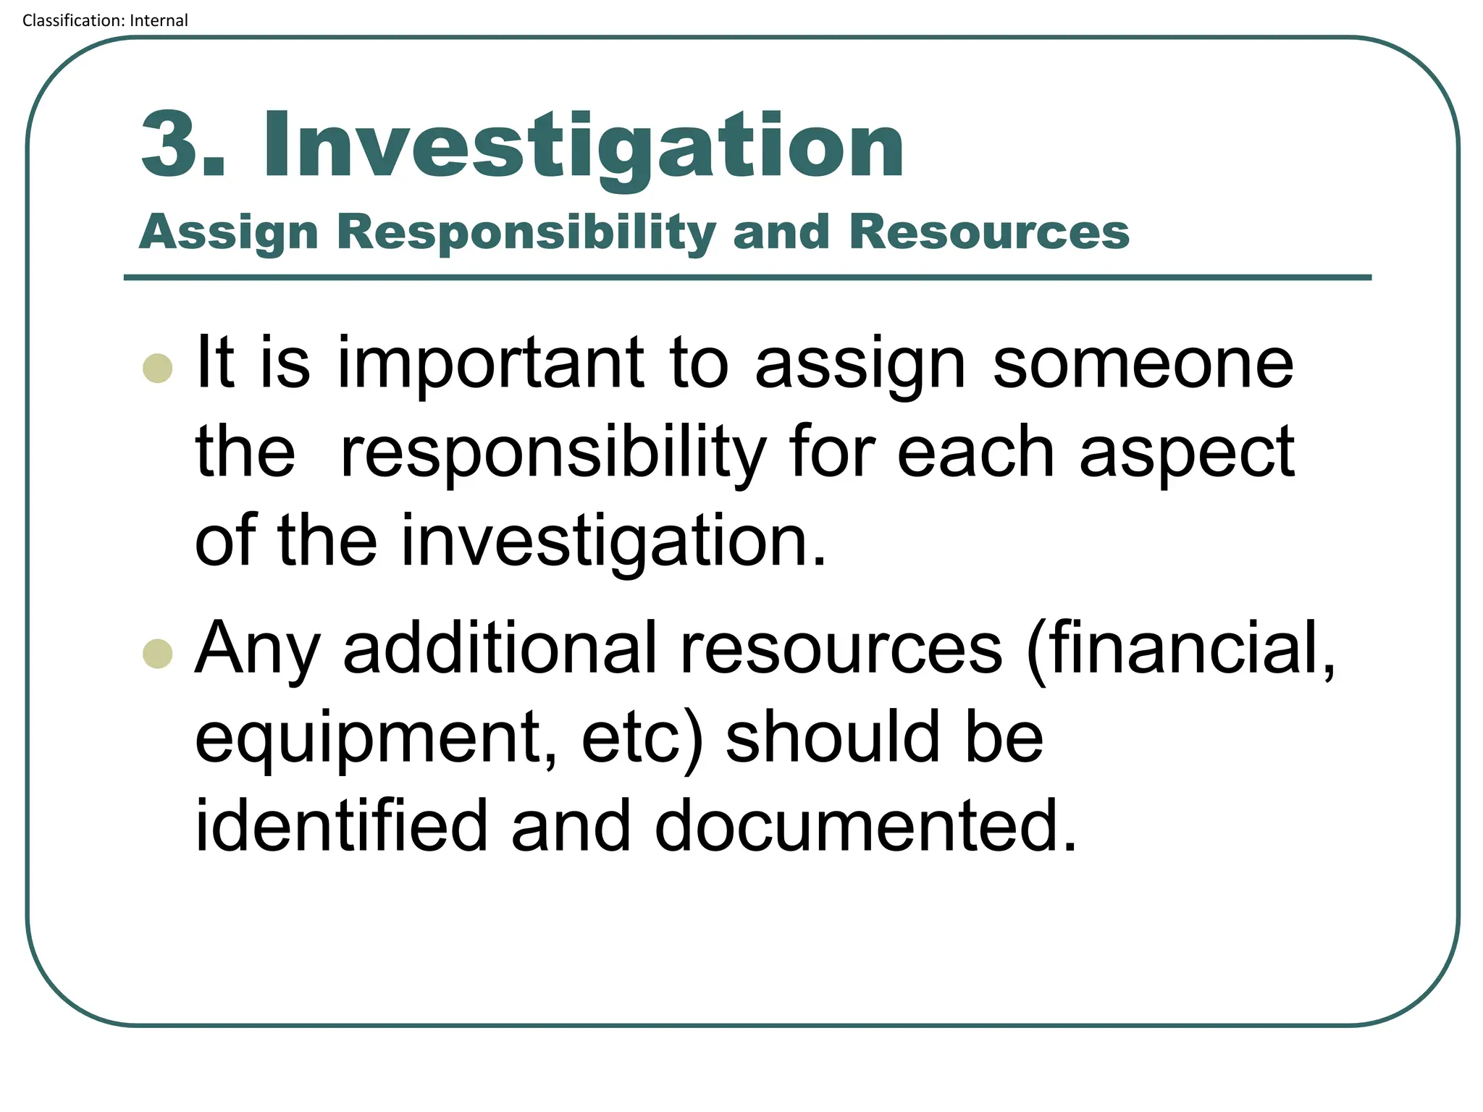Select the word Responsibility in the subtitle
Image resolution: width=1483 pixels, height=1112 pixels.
pyautogui.click(x=526, y=233)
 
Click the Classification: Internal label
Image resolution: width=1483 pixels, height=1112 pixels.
pyautogui.click(x=105, y=20)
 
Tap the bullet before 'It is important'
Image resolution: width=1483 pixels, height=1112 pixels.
pyautogui.click(x=158, y=368)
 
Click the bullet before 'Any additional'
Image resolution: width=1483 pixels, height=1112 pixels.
pyautogui.click(x=158, y=654)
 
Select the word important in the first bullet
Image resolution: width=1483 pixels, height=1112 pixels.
pyautogui.click(x=490, y=363)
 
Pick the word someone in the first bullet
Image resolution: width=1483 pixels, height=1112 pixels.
pyautogui.click(x=1143, y=363)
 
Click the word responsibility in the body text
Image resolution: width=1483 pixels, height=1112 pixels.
pyautogui.click(x=553, y=455)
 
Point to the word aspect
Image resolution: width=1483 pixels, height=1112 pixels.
pyautogui.click(x=1186, y=455)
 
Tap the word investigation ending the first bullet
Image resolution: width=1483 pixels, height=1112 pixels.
pyautogui.click(x=613, y=542)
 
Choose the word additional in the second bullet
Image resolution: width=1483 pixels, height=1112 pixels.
pyautogui.click(x=500, y=648)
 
